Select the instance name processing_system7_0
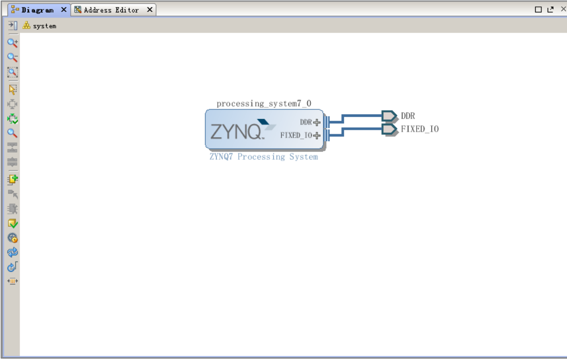(x=264, y=103)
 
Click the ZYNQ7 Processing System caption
(x=264, y=157)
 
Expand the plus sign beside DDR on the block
(x=317, y=122)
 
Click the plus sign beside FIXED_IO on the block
(x=317, y=135)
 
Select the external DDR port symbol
(x=389, y=116)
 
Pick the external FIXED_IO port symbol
(x=389, y=129)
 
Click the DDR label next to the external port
(x=408, y=116)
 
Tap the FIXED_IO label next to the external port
(x=420, y=129)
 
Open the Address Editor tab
(x=111, y=10)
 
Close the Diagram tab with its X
(x=63, y=10)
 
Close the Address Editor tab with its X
(x=149, y=10)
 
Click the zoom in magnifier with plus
(x=12, y=43)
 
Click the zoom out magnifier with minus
(x=12, y=58)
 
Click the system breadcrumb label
(x=44, y=26)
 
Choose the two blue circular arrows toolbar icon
(x=12, y=252)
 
